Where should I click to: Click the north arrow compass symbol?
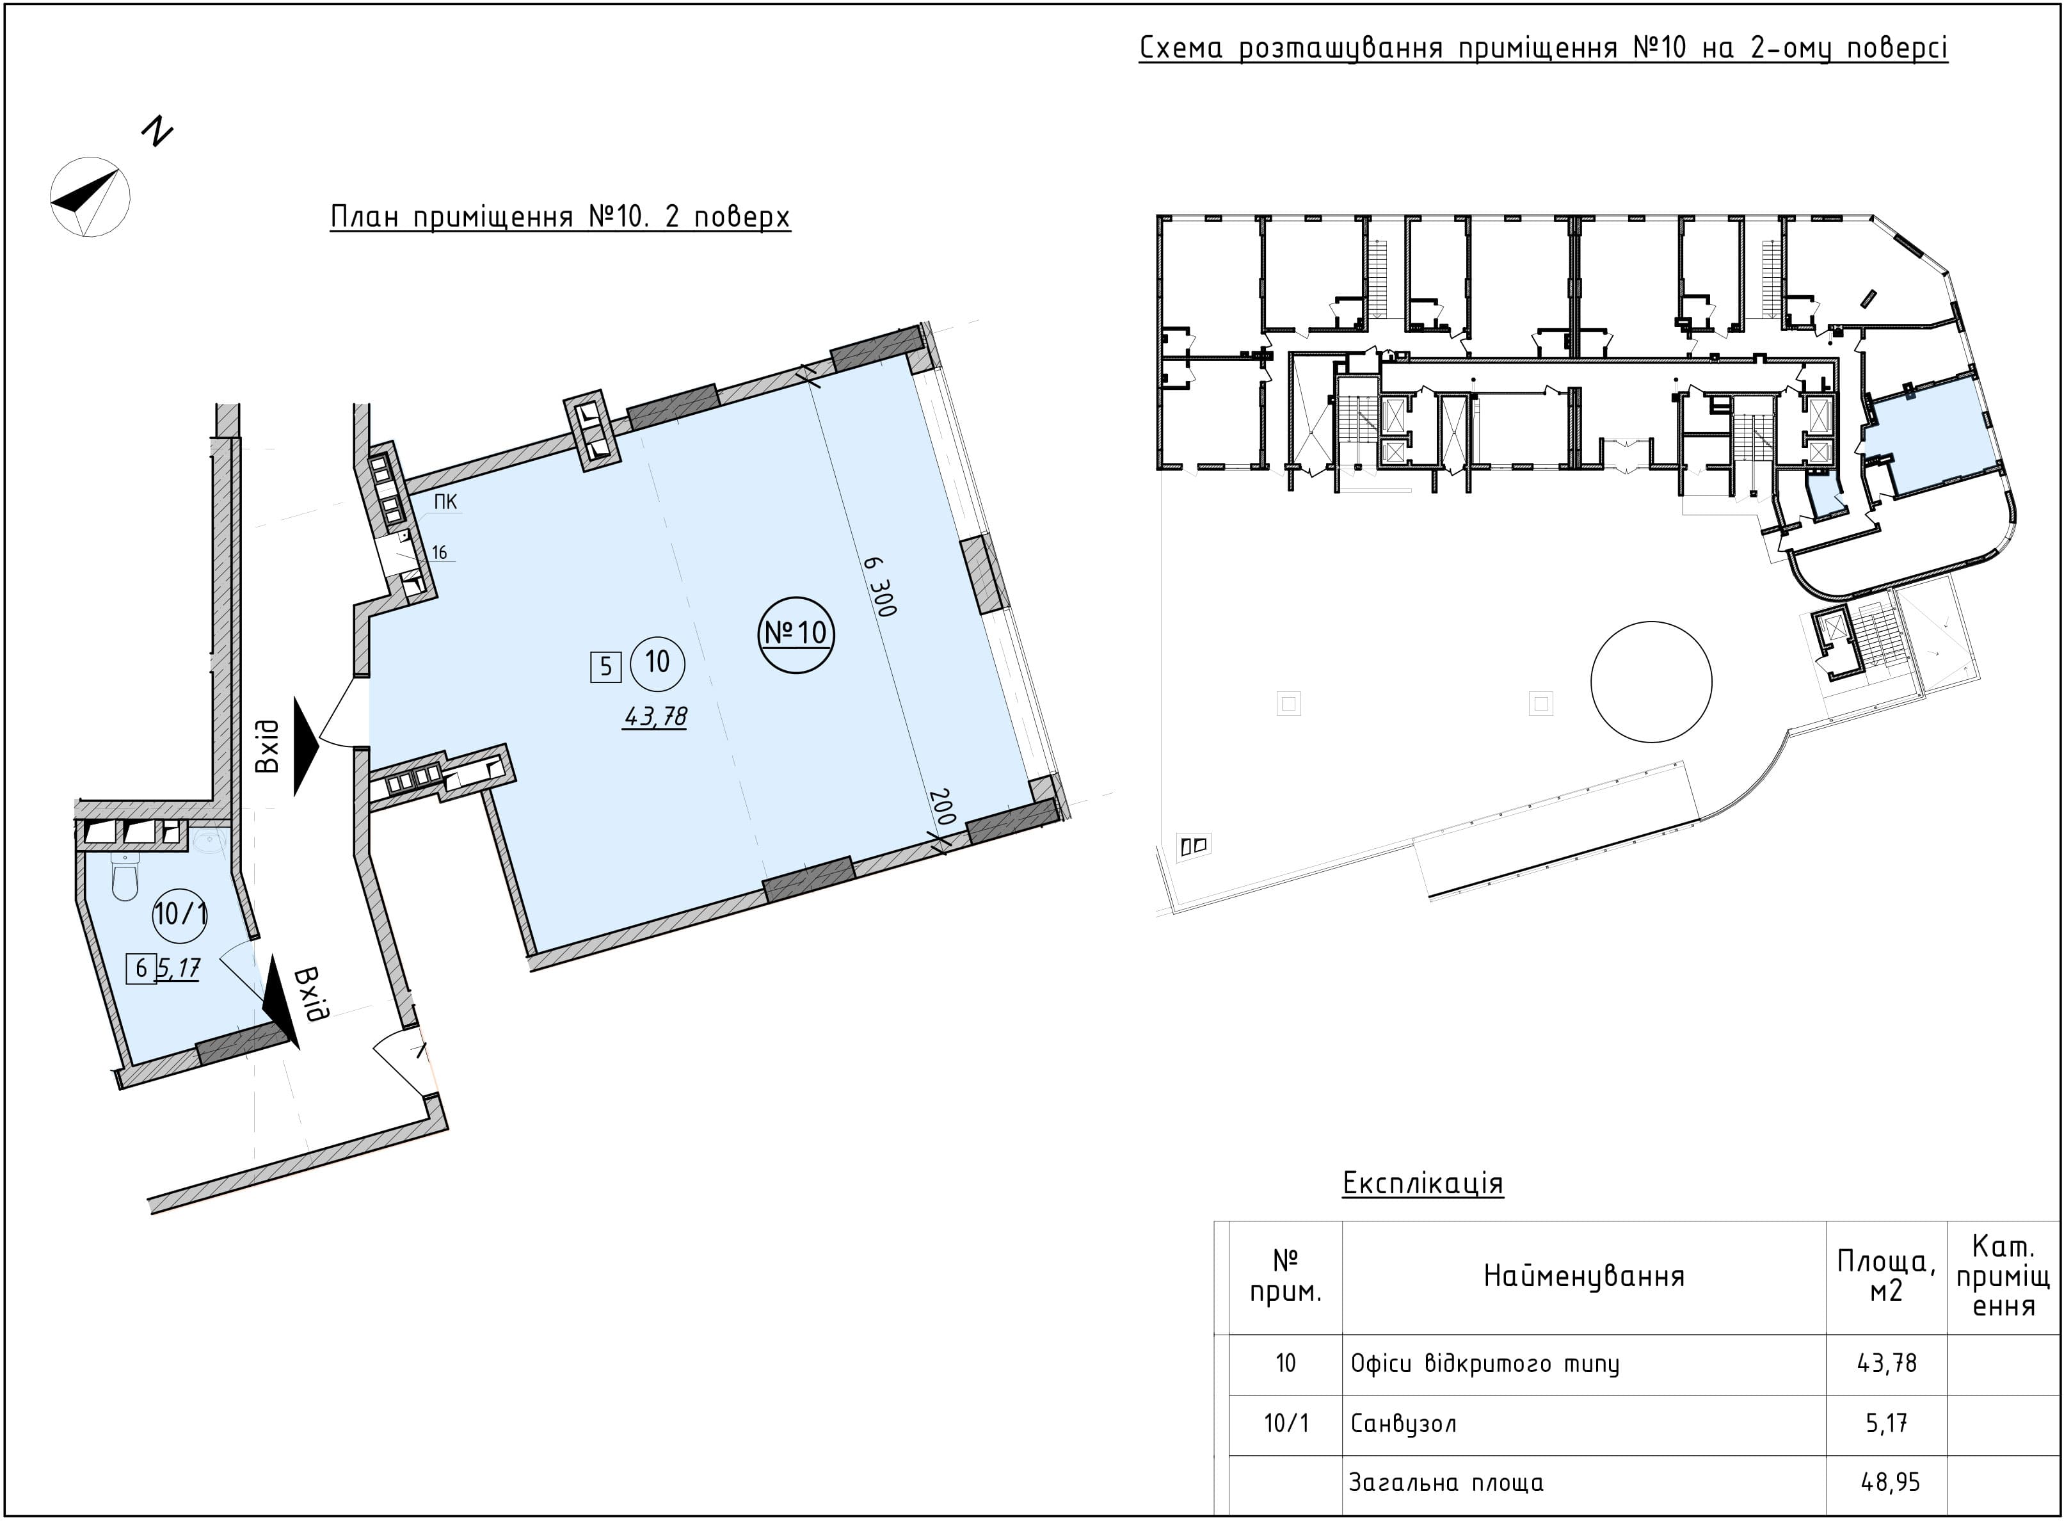[x=90, y=196]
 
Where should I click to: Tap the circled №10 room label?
[x=796, y=634]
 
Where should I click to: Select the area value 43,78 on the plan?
[x=655, y=716]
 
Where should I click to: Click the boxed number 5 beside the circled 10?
[x=605, y=666]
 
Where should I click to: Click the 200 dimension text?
[x=943, y=807]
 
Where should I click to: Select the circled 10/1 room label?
[x=180, y=914]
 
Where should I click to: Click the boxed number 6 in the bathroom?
[x=141, y=968]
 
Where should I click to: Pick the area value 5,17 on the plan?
[x=179, y=968]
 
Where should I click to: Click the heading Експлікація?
[x=1422, y=1183]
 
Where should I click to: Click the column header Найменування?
[x=1583, y=1275]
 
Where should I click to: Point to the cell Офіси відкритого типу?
[x=1485, y=1364]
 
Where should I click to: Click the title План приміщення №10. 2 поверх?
[x=560, y=217]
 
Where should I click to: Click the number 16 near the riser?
[x=439, y=552]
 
